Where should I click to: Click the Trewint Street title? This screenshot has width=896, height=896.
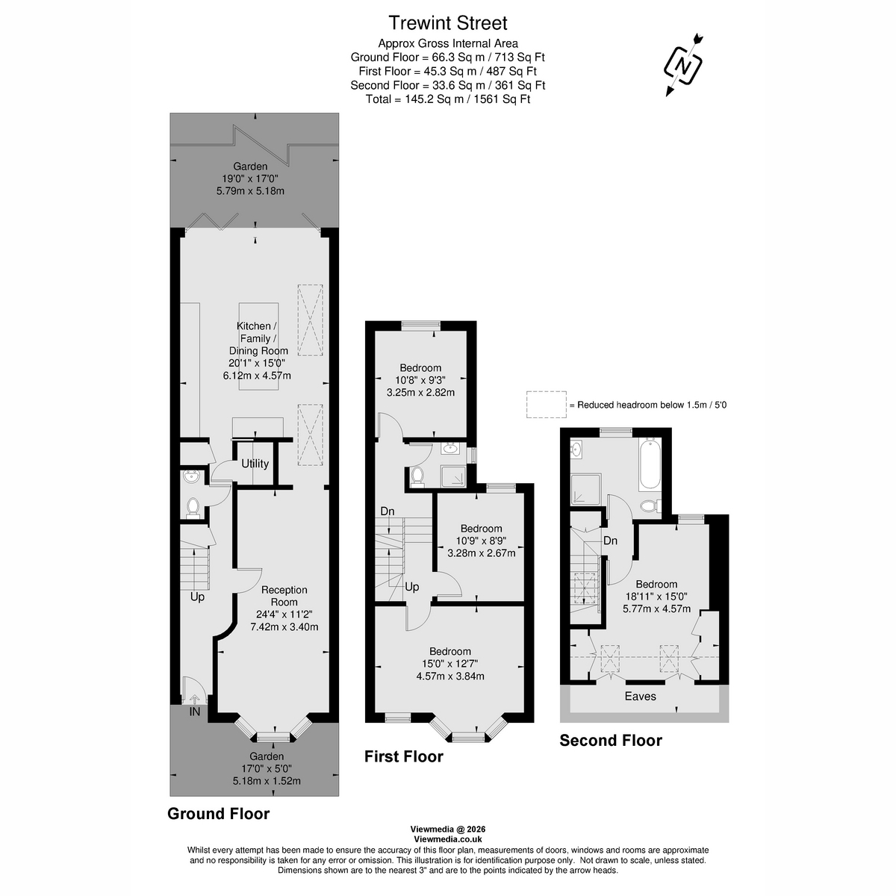point(448,23)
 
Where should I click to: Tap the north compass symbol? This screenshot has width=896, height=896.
point(683,66)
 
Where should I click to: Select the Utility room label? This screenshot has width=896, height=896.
point(255,464)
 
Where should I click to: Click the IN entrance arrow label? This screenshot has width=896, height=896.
point(194,712)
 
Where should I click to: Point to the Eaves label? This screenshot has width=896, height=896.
point(640,696)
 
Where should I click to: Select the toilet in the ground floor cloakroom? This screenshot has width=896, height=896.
point(193,507)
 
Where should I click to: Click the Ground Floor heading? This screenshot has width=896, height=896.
point(218,813)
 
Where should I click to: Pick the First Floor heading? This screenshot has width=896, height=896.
point(403,756)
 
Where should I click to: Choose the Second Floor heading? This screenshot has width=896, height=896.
point(611,740)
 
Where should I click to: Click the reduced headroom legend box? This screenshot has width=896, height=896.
point(546,404)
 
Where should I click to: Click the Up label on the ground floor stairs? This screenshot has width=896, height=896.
point(197,597)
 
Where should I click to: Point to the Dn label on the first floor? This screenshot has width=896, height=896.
point(388,511)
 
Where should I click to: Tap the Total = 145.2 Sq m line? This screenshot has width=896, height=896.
point(448,99)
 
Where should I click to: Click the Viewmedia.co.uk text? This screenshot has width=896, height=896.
point(448,839)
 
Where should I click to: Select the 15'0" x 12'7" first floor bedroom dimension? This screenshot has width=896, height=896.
point(449,664)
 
